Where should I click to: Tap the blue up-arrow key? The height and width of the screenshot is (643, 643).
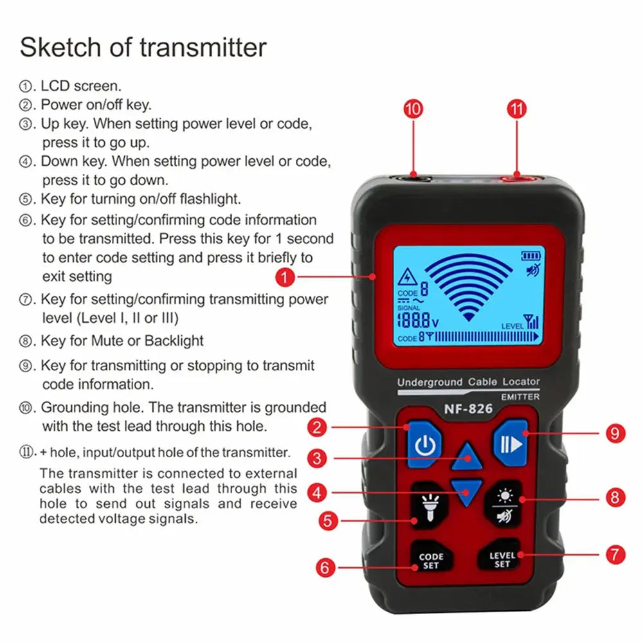pyautogui.click(x=467, y=457)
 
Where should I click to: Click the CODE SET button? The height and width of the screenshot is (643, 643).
pyautogui.click(x=431, y=560)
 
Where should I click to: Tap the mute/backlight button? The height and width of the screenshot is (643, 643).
pyautogui.click(x=502, y=505)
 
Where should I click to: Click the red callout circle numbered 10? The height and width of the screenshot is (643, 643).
pyautogui.click(x=413, y=109)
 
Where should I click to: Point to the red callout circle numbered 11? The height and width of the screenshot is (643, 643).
pyautogui.click(x=517, y=109)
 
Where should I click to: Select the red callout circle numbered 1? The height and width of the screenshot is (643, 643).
pyautogui.click(x=286, y=277)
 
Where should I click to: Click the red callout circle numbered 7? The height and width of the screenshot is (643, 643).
pyautogui.click(x=615, y=554)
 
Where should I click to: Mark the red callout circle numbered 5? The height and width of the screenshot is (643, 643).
pyautogui.click(x=329, y=520)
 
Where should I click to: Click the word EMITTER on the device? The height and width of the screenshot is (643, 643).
pyautogui.click(x=520, y=397)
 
